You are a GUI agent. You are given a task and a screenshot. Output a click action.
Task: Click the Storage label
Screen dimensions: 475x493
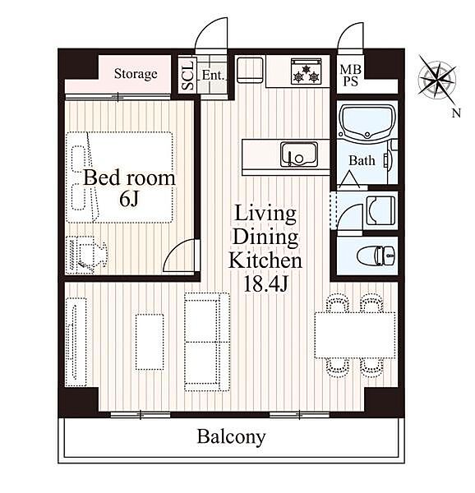point(136,74)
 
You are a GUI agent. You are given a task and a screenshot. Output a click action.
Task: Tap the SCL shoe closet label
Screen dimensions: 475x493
point(187,75)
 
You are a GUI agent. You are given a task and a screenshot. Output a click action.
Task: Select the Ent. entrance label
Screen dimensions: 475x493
point(214,75)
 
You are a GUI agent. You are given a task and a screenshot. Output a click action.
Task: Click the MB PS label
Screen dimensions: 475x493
point(351,76)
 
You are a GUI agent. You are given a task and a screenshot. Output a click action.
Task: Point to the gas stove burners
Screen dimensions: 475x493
point(306,71)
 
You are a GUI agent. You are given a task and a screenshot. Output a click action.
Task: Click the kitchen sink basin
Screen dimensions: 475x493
point(298,154)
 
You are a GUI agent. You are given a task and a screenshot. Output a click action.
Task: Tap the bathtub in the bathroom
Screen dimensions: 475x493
point(367,122)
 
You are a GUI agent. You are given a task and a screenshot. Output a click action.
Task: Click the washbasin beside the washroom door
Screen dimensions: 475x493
point(380,210)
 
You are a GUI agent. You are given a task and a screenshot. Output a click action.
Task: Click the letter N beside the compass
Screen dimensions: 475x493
point(456,113)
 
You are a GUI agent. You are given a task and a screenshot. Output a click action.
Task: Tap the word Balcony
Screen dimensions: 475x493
point(231,437)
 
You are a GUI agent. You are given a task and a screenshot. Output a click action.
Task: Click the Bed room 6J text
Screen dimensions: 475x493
point(129,187)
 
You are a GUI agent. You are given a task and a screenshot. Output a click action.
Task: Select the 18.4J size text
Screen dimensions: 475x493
point(266,284)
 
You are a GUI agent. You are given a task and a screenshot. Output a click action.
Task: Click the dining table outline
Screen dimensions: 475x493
point(355,335)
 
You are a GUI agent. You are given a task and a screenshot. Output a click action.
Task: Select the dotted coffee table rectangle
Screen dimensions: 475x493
point(150,342)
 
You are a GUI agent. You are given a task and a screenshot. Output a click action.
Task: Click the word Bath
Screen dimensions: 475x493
point(362,161)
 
